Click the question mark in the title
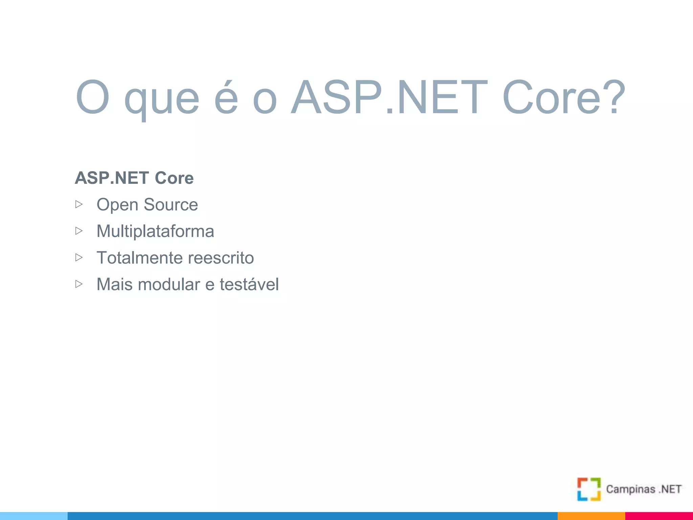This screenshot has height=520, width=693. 613,97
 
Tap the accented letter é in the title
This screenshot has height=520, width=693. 226,98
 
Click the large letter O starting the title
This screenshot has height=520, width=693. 92,97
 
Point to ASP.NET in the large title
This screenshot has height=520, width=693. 389,97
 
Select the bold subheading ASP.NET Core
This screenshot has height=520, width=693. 134,178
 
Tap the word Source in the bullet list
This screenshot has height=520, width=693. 171,204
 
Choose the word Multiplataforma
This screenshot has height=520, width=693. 155,231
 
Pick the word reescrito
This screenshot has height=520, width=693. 220,258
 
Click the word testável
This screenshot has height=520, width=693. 249,284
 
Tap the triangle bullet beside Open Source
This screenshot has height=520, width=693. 79,204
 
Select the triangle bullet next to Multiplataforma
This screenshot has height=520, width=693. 79,231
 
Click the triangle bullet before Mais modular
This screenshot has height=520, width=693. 79,284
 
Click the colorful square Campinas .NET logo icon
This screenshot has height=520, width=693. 589,489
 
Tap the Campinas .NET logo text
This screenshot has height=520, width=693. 644,489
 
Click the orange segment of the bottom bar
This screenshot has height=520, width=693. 591,516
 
